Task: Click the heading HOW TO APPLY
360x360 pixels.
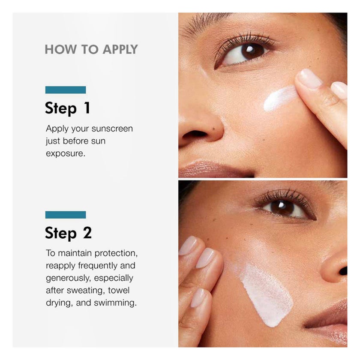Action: point(91,49)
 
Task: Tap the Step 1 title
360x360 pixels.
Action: point(68,108)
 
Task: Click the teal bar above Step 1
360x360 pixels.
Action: point(66,90)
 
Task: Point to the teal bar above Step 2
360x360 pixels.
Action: point(66,215)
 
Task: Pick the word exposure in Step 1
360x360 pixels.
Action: point(66,153)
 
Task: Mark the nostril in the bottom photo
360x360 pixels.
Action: point(342,270)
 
